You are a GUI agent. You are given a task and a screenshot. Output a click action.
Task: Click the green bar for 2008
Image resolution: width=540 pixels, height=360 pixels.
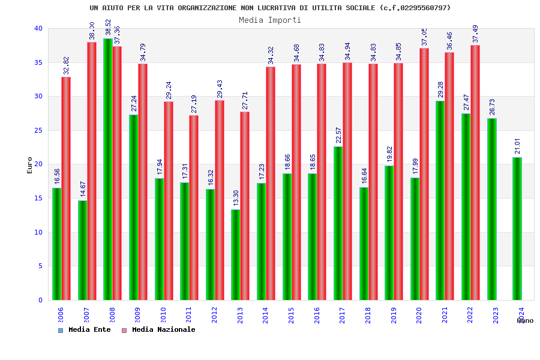coord(108,169)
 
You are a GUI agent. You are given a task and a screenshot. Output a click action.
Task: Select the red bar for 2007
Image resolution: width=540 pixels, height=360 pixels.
coord(92,171)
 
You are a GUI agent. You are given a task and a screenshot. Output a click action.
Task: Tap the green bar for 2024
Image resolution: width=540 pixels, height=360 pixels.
coord(517,229)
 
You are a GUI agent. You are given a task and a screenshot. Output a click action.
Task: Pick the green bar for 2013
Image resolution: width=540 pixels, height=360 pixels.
coord(236,254)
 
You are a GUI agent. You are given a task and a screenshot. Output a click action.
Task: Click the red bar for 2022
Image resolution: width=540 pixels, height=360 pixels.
coord(475,172)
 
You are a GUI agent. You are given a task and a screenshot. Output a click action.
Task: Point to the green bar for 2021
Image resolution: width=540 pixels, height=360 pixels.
coord(440,200)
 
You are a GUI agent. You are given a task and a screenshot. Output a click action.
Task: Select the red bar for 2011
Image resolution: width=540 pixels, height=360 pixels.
coord(194,208)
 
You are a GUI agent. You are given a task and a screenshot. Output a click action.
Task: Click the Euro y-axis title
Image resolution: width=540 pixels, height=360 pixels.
coord(30,165)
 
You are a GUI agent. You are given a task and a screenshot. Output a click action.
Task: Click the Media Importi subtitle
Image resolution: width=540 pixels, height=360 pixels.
coord(270,20)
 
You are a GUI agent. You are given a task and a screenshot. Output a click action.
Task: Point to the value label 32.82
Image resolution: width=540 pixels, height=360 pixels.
coord(66,65)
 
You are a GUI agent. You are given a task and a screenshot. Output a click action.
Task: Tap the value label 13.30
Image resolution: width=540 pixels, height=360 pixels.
coord(236,198)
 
